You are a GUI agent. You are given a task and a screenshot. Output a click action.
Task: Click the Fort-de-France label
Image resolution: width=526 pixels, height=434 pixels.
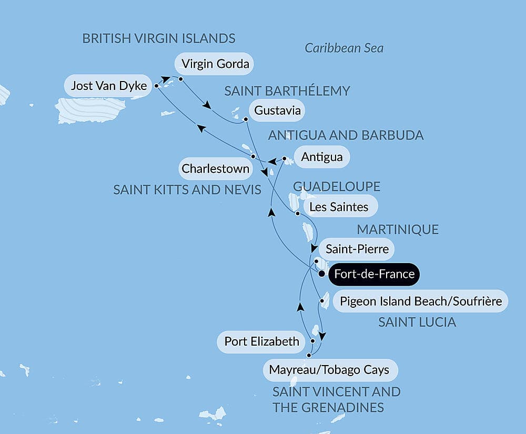click(x=374, y=274)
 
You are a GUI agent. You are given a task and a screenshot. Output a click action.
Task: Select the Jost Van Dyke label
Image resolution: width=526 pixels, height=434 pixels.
click(x=108, y=86)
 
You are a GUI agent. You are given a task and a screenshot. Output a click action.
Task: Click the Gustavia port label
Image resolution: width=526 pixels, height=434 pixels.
click(x=277, y=110)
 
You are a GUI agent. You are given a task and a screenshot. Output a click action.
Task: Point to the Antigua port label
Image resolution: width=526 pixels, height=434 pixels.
click(x=322, y=157)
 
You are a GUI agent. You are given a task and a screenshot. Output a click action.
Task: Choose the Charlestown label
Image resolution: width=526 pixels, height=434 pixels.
click(x=215, y=169)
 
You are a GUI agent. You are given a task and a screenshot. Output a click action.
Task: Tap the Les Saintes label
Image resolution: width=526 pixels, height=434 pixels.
click(x=339, y=207)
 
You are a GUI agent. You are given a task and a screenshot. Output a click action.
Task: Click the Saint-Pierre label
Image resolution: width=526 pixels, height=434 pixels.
click(x=357, y=249)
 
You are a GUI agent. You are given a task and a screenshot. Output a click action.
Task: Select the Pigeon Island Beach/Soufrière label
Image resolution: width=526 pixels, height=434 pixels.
click(x=421, y=301)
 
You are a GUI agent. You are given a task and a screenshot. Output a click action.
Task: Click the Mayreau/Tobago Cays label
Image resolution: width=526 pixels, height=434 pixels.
click(x=329, y=370)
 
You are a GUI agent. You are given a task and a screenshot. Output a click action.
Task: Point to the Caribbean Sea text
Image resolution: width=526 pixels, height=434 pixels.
click(x=344, y=48)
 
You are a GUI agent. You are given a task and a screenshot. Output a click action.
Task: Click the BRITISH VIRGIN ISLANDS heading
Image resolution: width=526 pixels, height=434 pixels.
click(x=159, y=38)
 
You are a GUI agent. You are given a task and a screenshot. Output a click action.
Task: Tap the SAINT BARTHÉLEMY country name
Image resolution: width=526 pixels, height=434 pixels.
click(x=287, y=91)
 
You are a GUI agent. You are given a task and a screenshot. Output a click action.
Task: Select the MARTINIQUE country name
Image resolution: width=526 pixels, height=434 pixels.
click(x=398, y=229)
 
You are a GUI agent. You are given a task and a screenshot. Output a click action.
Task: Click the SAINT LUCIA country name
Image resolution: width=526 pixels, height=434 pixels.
click(x=417, y=322)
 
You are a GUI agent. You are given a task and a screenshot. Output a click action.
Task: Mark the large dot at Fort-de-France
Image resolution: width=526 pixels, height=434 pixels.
click(x=321, y=274)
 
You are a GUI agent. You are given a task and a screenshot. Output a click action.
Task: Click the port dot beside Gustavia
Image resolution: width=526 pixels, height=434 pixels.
click(x=246, y=119)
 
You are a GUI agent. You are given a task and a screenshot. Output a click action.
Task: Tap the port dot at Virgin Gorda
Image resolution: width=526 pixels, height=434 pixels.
click(x=180, y=79)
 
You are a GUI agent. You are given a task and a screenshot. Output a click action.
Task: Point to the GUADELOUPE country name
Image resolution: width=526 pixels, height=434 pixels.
click(x=336, y=187)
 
